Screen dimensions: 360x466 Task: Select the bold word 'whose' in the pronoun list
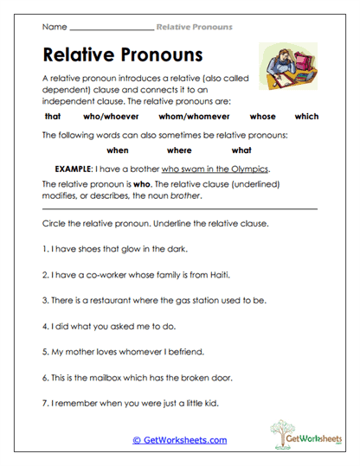click(262, 116)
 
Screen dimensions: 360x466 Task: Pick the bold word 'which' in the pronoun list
click(306, 116)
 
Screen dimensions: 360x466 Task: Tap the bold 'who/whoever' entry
click(110, 116)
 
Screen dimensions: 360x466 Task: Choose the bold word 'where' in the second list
click(179, 150)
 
